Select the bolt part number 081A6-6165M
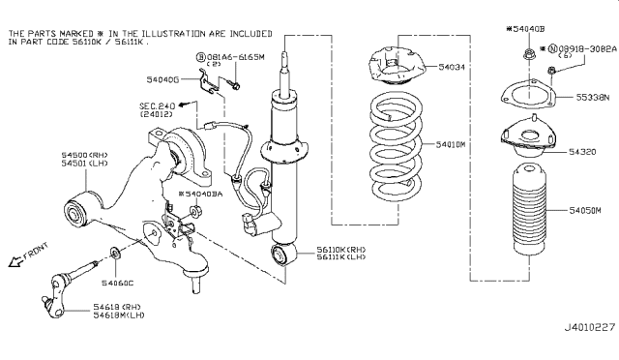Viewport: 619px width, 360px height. point(231,59)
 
